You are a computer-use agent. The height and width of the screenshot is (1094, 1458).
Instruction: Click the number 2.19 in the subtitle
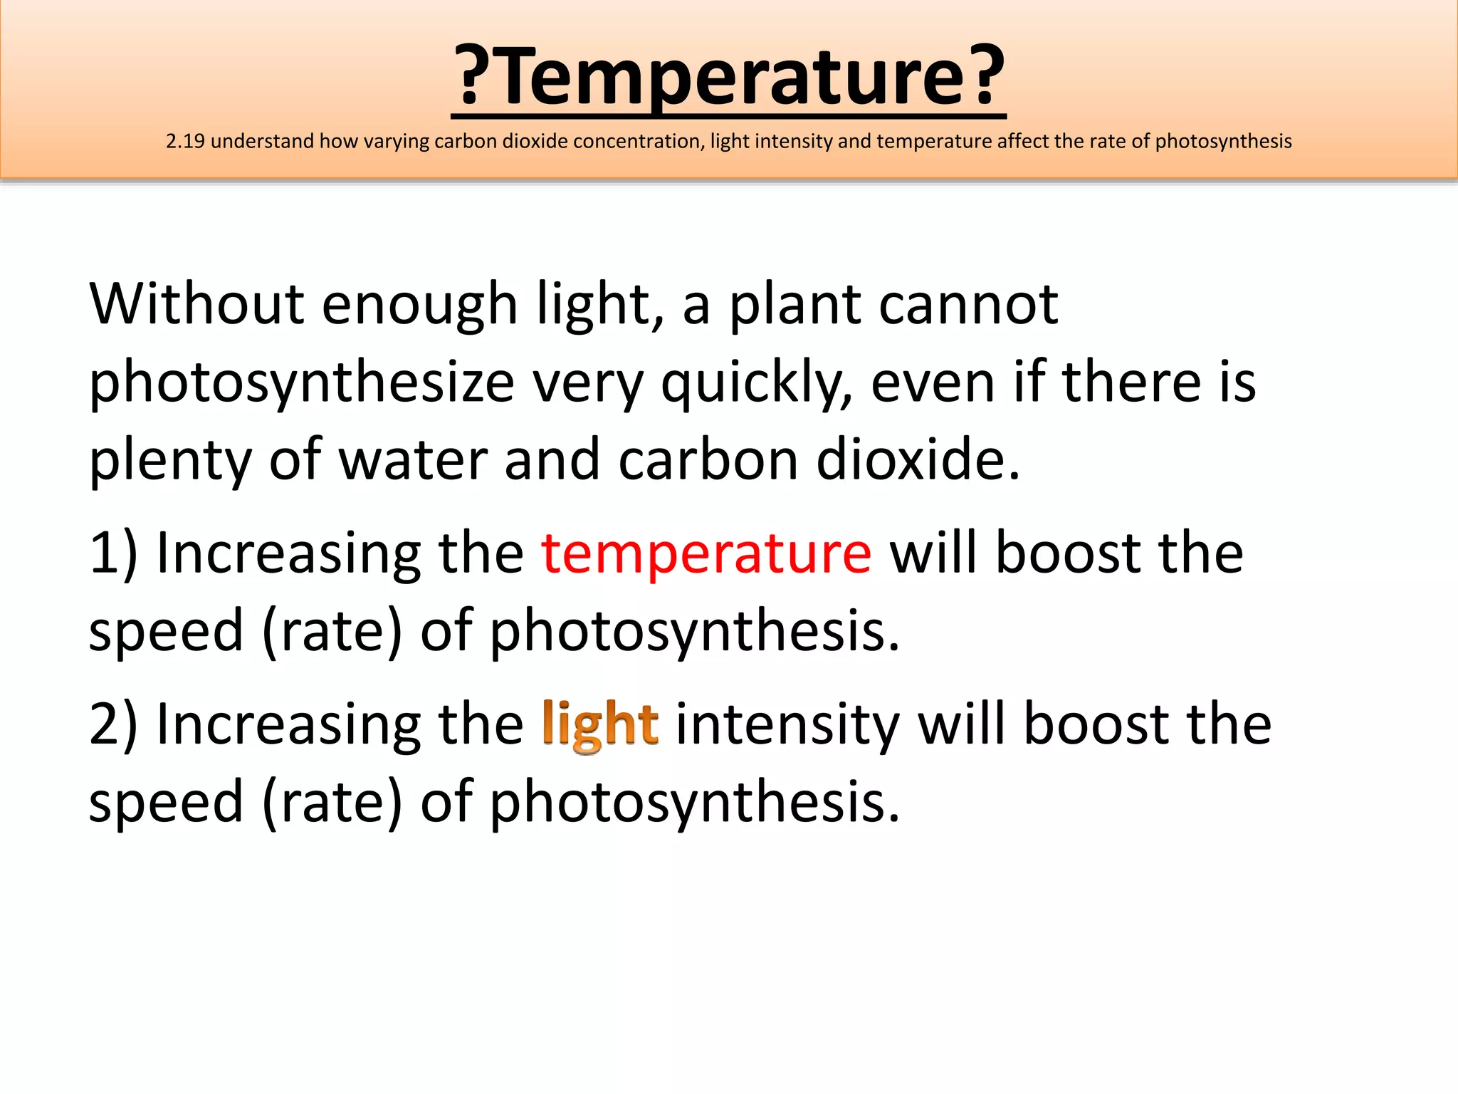point(185,141)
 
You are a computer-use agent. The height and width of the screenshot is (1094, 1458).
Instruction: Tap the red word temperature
point(706,553)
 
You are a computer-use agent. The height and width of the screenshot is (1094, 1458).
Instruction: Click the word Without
point(196,304)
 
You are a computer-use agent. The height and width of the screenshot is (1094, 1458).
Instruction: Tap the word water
point(412,460)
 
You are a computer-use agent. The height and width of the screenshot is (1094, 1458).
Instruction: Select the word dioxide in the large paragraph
point(918,460)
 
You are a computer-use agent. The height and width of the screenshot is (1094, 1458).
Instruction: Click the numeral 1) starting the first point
point(112,553)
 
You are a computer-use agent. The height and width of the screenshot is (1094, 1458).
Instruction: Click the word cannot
point(968,304)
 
